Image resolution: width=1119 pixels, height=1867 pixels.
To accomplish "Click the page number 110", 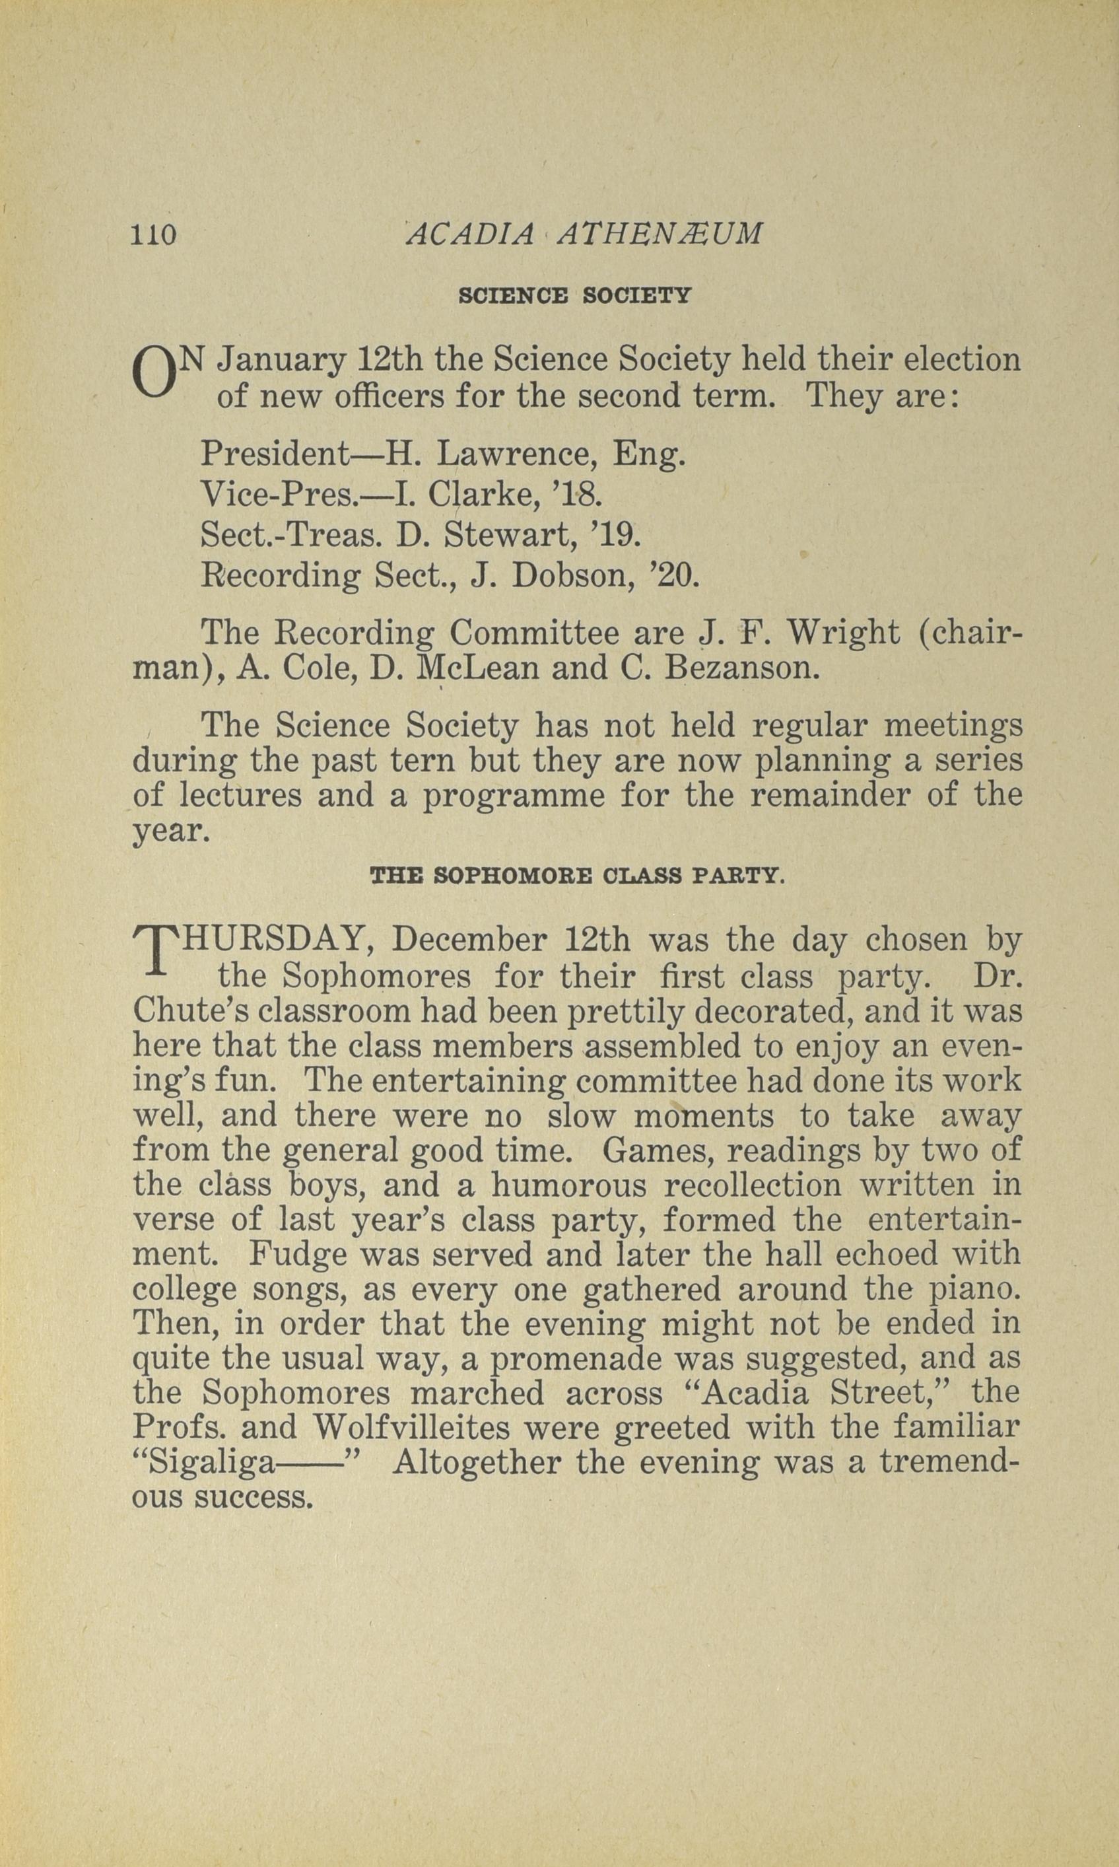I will pos(154,234).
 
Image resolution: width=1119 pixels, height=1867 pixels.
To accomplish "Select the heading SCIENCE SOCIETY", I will pos(574,296).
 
